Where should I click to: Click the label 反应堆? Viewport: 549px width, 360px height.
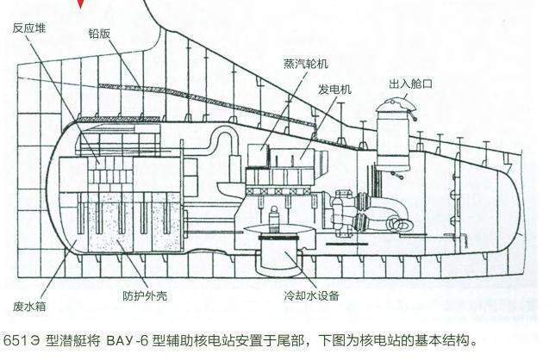pyautogui.click(x=29, y=28)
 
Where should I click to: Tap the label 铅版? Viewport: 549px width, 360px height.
pyautogui.click(x=99, y=34)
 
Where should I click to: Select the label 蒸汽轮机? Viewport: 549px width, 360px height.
pyautogui.click(x=306, y=64)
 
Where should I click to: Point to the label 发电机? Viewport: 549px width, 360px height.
pyautogui.click(x=334, y=90)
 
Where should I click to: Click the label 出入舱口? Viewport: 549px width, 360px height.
pyautogui.click(x=411, y=84)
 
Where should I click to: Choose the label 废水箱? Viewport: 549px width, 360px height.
pyautogui.click(x=29, y=307)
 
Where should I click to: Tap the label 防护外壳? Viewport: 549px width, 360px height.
pyautogui.click(x=145, y=296)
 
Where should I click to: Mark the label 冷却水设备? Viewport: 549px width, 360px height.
pyautogui.click(x=312, y=296)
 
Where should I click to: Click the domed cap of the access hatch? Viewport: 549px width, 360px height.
pyautogui.click(x=395, y=105)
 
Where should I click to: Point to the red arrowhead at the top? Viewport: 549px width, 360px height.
pyautogui.click(x=81, y=3)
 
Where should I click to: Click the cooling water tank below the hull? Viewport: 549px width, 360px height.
pyautogui.click(x=278, y=254)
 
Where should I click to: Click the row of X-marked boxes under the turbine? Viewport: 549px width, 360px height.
pyautogui.click(x=278, y=191)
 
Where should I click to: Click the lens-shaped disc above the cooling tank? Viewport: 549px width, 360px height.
pyautogui.click(x=278, y=229)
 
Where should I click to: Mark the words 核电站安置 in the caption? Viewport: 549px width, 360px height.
pyautogui.click(x=208, y=340)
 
